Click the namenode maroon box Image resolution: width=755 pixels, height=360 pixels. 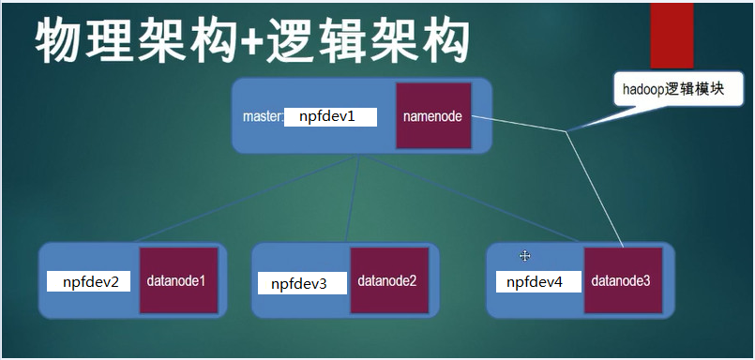pyautogui.click(x=432, y=115)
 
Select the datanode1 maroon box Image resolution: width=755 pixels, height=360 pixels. pyautogui.click(x=177, y=280)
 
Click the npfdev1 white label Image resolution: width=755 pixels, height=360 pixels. pyautogui.click(x=329, y=116)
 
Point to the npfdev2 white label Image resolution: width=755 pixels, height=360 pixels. pyautogui.click(x=91, y=281)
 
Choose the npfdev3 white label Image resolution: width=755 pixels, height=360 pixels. pyautogui.click(x=301, y=283)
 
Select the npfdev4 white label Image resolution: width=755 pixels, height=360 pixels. pyautogui.click(x=536, y=281)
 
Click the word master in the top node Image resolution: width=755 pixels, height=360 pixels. pyautogui.click(x=262, y=117)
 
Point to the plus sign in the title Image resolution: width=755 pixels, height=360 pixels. pyautogui.click(x=249, y=43)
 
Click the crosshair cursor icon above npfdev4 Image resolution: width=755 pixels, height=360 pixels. pyautogui.click(x=526, y=255)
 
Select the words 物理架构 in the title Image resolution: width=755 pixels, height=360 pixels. pyautogui.click(x=132, y=41)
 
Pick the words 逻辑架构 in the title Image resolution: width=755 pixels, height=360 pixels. pyautogui.click(x=366, y=41)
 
